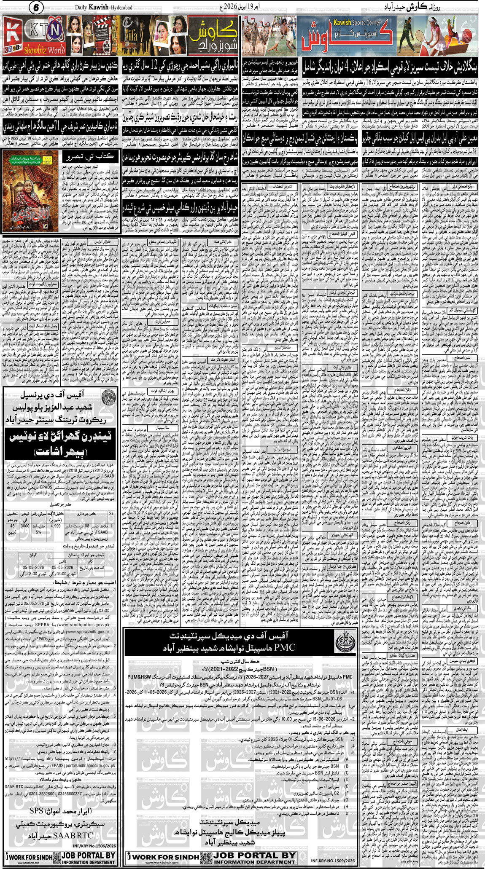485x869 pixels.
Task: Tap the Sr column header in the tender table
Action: [x=111, y=514]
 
